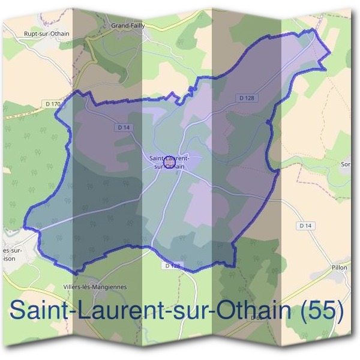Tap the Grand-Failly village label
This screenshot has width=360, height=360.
tap(128, 26)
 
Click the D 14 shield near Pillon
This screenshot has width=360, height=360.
tap(306, 226)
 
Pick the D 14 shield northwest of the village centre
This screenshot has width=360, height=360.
tap(124, 127)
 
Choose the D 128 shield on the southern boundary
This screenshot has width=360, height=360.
tap(172, 265)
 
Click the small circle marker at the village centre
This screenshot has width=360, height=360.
tap(169, 161)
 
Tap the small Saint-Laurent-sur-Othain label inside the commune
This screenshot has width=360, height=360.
tap(169, 163)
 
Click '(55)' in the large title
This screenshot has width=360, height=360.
tap(323, 313)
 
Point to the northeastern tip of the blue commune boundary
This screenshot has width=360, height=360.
tap(330, 52)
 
